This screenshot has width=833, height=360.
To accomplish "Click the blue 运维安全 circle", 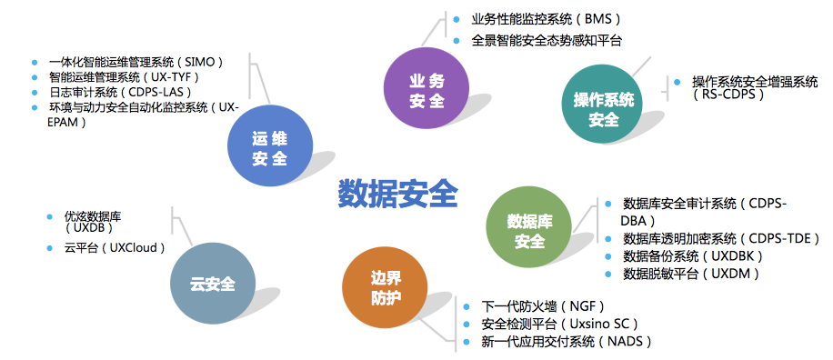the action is pos(270,149).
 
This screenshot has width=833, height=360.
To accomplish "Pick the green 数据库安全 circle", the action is pos(529,230).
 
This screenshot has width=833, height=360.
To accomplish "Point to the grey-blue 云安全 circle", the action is pos(213,285).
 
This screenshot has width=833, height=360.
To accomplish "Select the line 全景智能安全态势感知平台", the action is pos(547,40).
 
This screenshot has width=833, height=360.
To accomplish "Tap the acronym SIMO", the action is pos(199,62).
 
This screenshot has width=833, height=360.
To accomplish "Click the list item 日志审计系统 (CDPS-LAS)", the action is pos(119,92).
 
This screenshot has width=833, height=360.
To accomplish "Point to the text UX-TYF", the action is pos(172,77).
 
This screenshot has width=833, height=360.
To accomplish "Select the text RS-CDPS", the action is pos(728,95).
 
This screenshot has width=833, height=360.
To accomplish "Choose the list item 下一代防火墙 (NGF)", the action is pos(543,306).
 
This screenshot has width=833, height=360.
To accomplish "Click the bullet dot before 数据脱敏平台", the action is pos(608,274).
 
